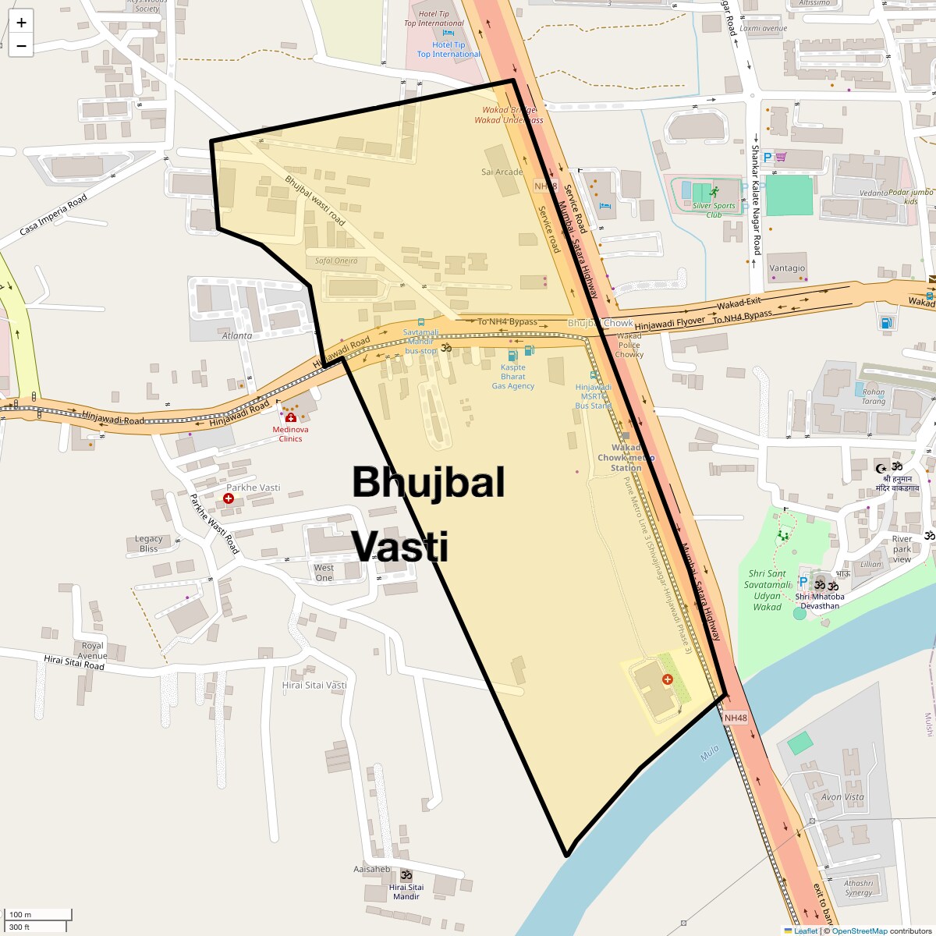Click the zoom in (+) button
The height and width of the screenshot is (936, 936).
[x=21, y=23]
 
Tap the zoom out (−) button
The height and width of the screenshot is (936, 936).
[x=21, y=46]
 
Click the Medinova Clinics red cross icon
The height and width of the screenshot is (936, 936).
[x=291, y=418]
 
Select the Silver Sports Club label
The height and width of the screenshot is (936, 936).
[x=714, y=210]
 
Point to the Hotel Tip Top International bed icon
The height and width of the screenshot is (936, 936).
[x=448, y=33]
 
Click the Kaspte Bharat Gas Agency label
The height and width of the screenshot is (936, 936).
[x=513, y=377]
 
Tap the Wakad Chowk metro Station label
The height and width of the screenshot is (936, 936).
[x=626, y=458]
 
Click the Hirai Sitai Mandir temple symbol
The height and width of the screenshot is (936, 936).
[x=406, y=874]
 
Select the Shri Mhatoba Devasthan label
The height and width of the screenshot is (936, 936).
[x=820, y=601]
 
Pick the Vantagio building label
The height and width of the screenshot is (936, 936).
[x=787, y=268]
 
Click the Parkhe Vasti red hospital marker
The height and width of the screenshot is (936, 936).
[x=229, y=498]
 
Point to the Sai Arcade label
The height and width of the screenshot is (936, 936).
[x=502, y=172]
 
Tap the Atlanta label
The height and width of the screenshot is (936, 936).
[x=237, y=336]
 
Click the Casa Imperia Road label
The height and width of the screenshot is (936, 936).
[x=53, y=215]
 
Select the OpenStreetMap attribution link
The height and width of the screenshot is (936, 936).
[x=859, y=931]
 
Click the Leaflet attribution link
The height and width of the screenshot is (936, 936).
[x=806, y=931]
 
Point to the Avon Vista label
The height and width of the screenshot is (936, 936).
[x=842, y=797]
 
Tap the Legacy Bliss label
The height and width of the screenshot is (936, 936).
[x=148, y=544]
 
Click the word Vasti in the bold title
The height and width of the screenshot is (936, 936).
[x=400, y=546]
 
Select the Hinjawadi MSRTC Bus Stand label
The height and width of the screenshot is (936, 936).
[x=594, y=396]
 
